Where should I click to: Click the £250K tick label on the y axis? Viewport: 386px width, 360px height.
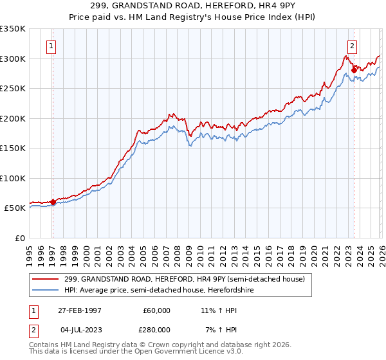click(x=13, y=88)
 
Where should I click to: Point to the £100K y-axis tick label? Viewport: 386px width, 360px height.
click(x=13, y=178)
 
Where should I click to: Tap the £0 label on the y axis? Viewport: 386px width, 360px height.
click(x=20, y=238)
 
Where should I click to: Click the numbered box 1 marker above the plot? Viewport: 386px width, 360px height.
click(x=51, y=46)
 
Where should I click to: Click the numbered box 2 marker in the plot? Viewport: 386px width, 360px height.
click(x=353, y=46)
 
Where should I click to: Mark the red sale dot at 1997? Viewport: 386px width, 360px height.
click(x=53, y=202)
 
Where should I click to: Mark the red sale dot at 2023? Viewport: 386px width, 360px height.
click(x=354, y=70)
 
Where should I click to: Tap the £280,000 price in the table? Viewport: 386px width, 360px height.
click(x=156, y=330)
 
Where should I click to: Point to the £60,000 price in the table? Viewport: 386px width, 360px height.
click(x=156, y=310)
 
